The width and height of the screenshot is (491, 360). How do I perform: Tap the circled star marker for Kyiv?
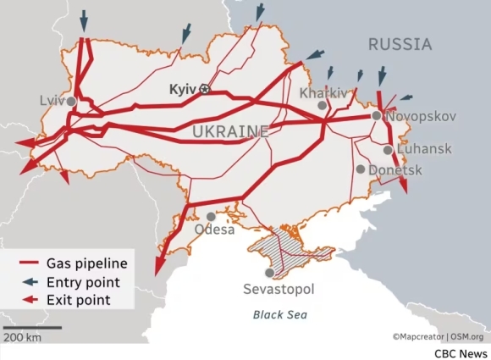(x=203, y=89)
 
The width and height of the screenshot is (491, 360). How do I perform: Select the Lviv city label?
(x=52, y=100)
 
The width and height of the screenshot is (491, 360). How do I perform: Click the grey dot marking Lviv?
(x=72, y=101)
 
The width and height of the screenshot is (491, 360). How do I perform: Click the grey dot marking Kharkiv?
(x=322, y=106)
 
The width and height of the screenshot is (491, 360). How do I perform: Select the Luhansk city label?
(x=425, y=149)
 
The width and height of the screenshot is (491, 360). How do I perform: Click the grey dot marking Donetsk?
(x=361, y=169)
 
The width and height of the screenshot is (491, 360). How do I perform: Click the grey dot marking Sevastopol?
(x=269, y=273)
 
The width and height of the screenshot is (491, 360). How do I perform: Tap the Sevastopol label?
(x=279, y=290)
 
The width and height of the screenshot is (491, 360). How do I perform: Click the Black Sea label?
(x=280, y=315)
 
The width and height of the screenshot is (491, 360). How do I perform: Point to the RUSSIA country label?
(x=400, y=44)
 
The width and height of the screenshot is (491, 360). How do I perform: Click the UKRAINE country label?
(x=231, y=131)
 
